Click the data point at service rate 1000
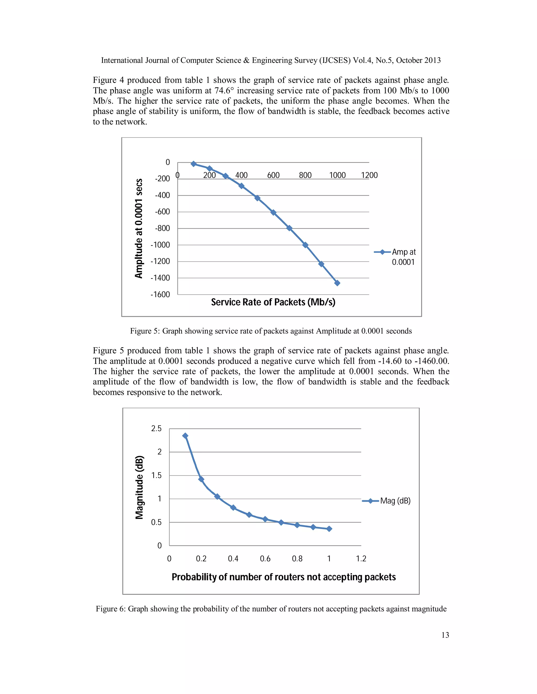pyautogui.click(x=337, y=283)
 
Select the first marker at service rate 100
pyautogui.click(x=194, y=164)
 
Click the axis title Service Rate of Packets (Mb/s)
pyautogui.click(x=273, y=302)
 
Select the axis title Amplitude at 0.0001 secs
pyautogui.click(x=139, y=228)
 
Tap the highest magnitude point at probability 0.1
pyautogui.click(x=185, y=436)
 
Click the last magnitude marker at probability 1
pyautogui.click(x=329, y=529)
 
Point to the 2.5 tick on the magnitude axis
pyautogui.click(x=156, y=429)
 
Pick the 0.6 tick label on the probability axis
pyautogui.click(x=265, y=559)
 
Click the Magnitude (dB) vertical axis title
pyautogui.click(x=139, y=487)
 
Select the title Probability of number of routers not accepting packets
pyautogui.click(x=283, y=577)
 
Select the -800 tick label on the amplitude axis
pyautogui.click(x=162, y=228)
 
